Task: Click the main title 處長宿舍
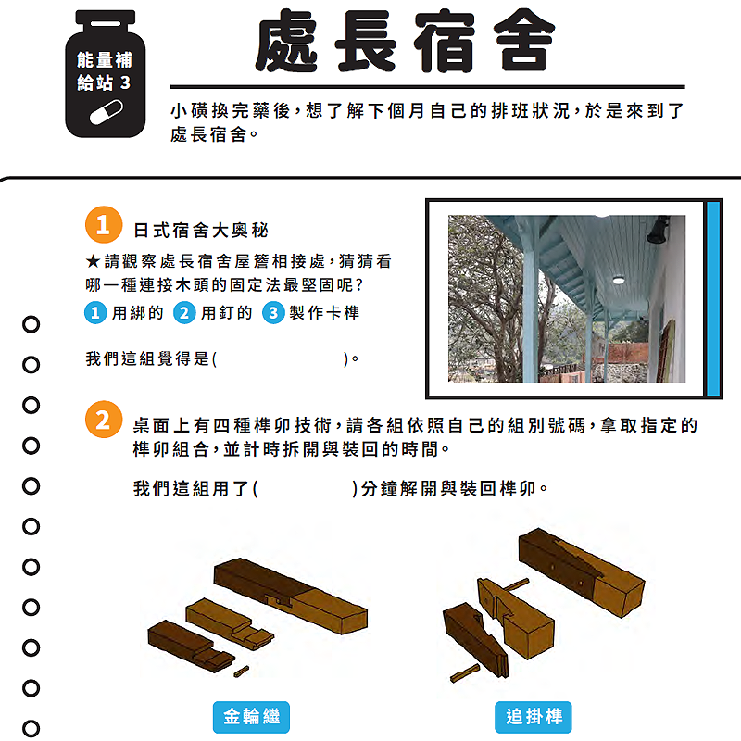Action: tap(406, 41)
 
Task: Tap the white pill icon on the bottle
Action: tap(107, 112)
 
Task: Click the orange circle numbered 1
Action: tap(104, 224)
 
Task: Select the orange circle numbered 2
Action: tap(104, 420)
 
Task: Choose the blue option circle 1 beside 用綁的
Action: tap(95, 313)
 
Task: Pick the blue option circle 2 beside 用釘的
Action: tap(184, 313)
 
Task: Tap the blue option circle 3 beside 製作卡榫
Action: tap(273, 313)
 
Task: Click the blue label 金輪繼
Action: tap(251, 717)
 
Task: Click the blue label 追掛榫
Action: tap(534, 717)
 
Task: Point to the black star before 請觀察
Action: tap(93, 261)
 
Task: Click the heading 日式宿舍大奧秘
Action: tap(201, 231)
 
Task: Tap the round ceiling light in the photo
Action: tap(618, 281)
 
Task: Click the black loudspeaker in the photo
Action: tap(658, 230)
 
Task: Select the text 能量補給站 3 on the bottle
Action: tap(105, 71)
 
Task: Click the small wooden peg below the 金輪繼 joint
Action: tap(242, 672)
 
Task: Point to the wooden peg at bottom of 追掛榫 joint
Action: tap(465, 673)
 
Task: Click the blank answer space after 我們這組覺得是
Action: tap(281, 359)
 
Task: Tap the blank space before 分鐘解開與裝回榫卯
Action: tap(305, 489)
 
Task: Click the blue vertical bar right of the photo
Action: tap(713, 298)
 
